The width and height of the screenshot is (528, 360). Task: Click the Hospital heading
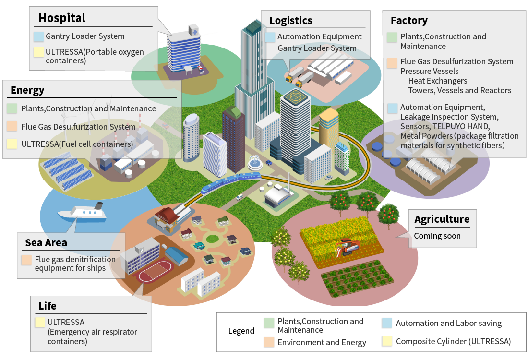62,18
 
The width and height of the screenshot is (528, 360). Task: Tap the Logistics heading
290,20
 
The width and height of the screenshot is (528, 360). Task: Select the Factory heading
409,20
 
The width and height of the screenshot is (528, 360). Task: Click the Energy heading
27,90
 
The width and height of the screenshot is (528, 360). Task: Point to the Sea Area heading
46,242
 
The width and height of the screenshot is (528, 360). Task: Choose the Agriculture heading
442,219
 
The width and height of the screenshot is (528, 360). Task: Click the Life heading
48,306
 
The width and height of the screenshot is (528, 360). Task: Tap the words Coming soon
437,236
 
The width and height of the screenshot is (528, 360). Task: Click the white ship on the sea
81,212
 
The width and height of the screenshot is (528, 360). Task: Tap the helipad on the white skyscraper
295,96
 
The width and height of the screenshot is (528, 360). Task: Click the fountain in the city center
254,164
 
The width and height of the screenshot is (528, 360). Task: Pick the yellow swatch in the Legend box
387,342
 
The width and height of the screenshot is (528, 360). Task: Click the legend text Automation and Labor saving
448,323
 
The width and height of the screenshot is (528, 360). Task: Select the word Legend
241,331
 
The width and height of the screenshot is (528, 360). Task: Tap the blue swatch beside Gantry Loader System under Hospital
39,36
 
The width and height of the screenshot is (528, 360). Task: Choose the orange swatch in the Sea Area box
27,260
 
